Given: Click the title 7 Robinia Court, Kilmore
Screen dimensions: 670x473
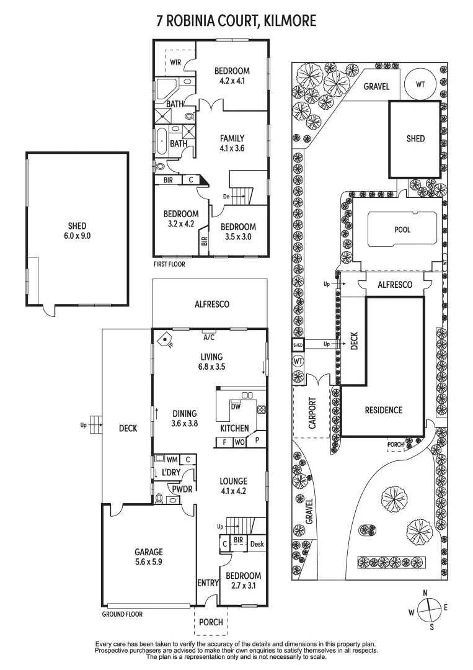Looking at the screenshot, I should pos(236,21).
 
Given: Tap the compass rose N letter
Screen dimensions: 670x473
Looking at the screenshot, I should pos(425,593).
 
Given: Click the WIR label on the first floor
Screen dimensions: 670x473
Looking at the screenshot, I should pos(175,63).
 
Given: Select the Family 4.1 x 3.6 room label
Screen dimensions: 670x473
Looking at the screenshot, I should pos(232,143).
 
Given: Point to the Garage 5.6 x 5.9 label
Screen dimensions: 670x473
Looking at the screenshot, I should pos(149,556).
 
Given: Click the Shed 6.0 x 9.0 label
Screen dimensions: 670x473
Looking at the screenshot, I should pos(77,231).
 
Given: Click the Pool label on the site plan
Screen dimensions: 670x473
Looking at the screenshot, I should pos(402,230).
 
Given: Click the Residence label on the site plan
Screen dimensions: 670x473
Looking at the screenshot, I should pos(383,410).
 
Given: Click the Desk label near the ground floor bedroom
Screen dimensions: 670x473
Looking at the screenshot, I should pos(257,544).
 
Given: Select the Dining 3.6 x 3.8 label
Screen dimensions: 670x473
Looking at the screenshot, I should pos(185,419).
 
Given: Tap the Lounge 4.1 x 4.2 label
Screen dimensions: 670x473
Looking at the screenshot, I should pos(232,486).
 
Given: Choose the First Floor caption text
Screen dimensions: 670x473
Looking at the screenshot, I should pos(169,264).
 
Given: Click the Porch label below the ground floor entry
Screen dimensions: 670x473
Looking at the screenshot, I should pos(211,622).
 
